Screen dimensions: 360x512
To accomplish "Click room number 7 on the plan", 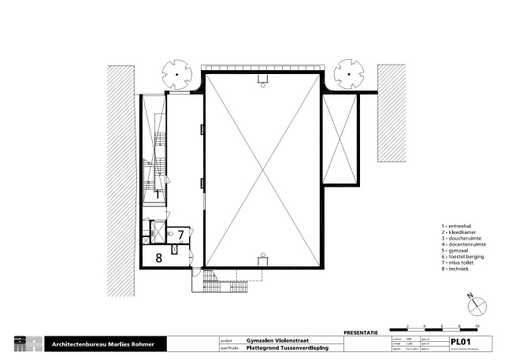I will tap(180, 234).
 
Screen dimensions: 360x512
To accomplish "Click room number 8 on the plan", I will tap(158, 256).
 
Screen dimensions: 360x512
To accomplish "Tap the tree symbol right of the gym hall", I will tap(347, 75).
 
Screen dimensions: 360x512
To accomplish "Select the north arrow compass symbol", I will tap(473, 303).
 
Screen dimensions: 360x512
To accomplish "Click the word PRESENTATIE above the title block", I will tap(362, 333).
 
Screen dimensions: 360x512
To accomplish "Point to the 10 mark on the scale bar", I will tap(477, 325).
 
